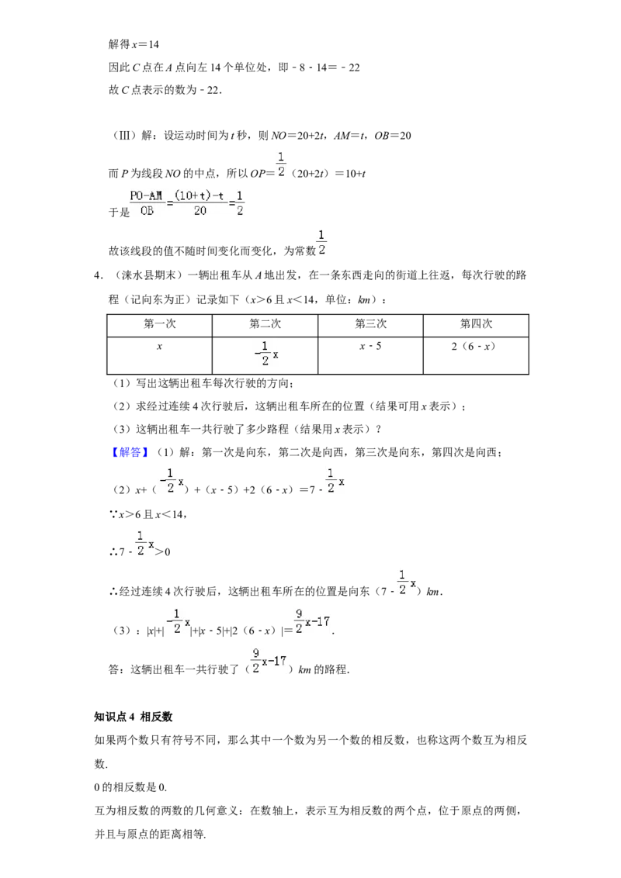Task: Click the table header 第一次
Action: coord(160,324)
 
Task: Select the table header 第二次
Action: coord(265,324)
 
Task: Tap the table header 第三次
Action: coord(370,324)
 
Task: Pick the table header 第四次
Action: coord(476,324)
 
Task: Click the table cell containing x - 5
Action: coord(370,347)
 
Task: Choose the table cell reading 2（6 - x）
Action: coord(474,347)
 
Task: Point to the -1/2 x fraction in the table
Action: coord(266,354)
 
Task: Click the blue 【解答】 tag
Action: coord(130,452)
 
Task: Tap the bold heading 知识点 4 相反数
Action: coord(134,717)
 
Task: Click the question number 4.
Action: coord(98,275)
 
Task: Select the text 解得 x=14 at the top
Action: coord(134,44)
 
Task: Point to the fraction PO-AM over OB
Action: coord(146,203)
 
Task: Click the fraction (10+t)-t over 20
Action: coord(199,203)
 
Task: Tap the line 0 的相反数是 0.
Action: coord(130,787)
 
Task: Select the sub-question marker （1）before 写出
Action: coord(122,384)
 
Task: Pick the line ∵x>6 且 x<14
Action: coord(148,514)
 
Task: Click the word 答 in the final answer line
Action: coord(114,669)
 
